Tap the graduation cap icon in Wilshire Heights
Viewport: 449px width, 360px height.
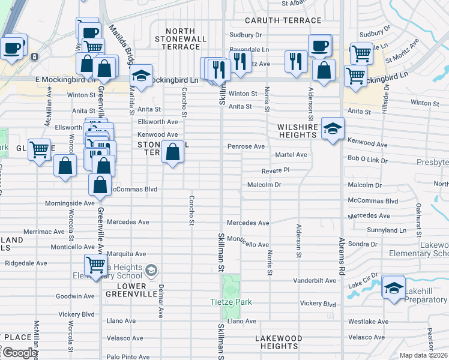[x=333, y=129]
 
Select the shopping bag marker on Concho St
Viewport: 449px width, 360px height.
[x=172, y=152]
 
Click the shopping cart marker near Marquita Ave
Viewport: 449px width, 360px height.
[x=95, y=265]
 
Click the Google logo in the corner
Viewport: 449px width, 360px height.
[x=19, y=353]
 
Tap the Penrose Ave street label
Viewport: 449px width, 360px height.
[x=246, y=146]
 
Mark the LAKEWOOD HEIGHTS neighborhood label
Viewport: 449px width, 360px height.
[x=279, y=342]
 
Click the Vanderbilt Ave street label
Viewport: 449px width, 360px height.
[x=314, y=280]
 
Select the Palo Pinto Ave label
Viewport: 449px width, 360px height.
[x=128, y=356]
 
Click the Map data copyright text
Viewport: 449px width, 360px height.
[x=423, y=355]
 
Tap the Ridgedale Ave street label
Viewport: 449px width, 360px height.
[x=26, y=263]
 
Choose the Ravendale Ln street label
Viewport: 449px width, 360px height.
[x=249, y=50]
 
